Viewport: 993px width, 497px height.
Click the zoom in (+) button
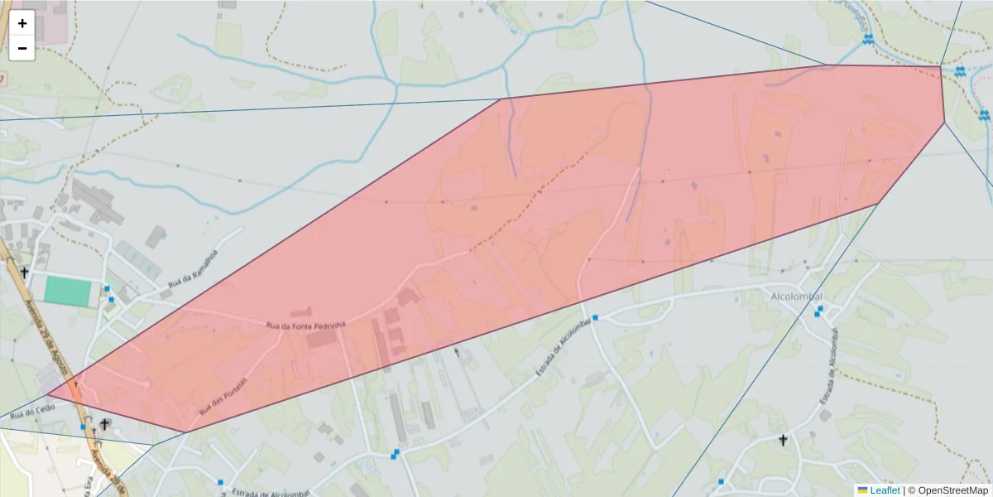(22, 23)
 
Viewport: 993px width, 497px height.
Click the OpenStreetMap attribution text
(951, 490)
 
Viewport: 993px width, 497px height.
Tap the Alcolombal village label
(795, 296)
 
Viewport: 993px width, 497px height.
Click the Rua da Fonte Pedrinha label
(305, 326)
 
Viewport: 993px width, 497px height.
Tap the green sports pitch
(68, 291)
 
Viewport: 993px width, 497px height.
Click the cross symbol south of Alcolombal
(783, 440)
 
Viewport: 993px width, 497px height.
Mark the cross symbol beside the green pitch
(25, 273)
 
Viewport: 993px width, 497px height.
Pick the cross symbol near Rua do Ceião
(104, 424)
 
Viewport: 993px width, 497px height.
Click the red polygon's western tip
(47, 394)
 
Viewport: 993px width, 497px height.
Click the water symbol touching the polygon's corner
(959, 72)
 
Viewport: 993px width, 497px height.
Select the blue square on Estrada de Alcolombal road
(595, 317)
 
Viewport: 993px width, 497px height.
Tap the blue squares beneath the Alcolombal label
(818, 311)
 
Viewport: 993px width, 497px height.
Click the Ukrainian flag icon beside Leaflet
(862, 490)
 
